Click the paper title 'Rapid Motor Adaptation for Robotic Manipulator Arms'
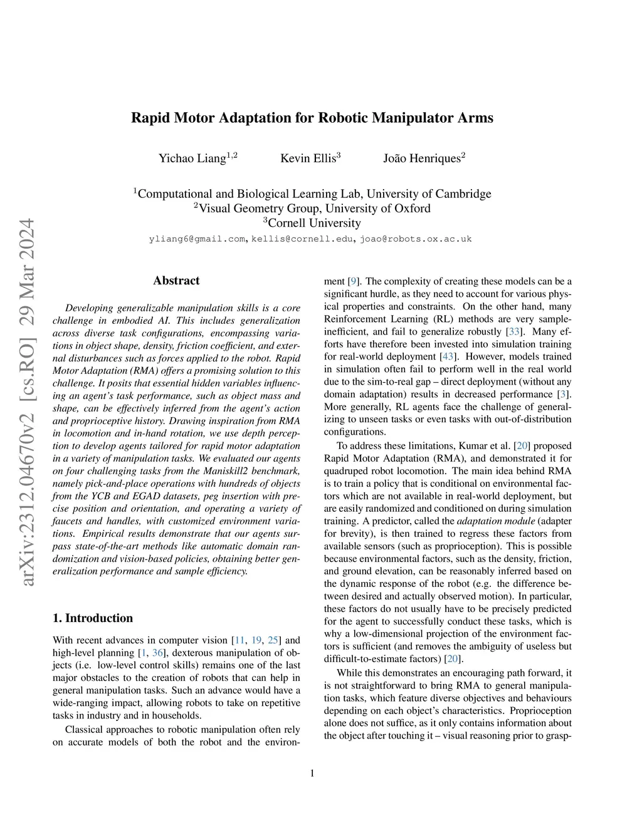[312, 118]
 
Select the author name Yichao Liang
[192, 158]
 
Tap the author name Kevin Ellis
[308, 158]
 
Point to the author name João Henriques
[421, 158]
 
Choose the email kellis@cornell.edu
[303, 239]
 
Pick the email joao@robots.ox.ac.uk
[416, 239]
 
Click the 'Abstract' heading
[176, 281]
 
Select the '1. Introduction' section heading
[93, 618]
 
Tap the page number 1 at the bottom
[312, 774]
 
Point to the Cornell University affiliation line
[312, 223]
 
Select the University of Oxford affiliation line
[312, 209]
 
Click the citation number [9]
[354, 281]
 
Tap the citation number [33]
[514, 331]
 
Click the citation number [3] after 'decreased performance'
[565, 394]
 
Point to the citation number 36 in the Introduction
[159, 653]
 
